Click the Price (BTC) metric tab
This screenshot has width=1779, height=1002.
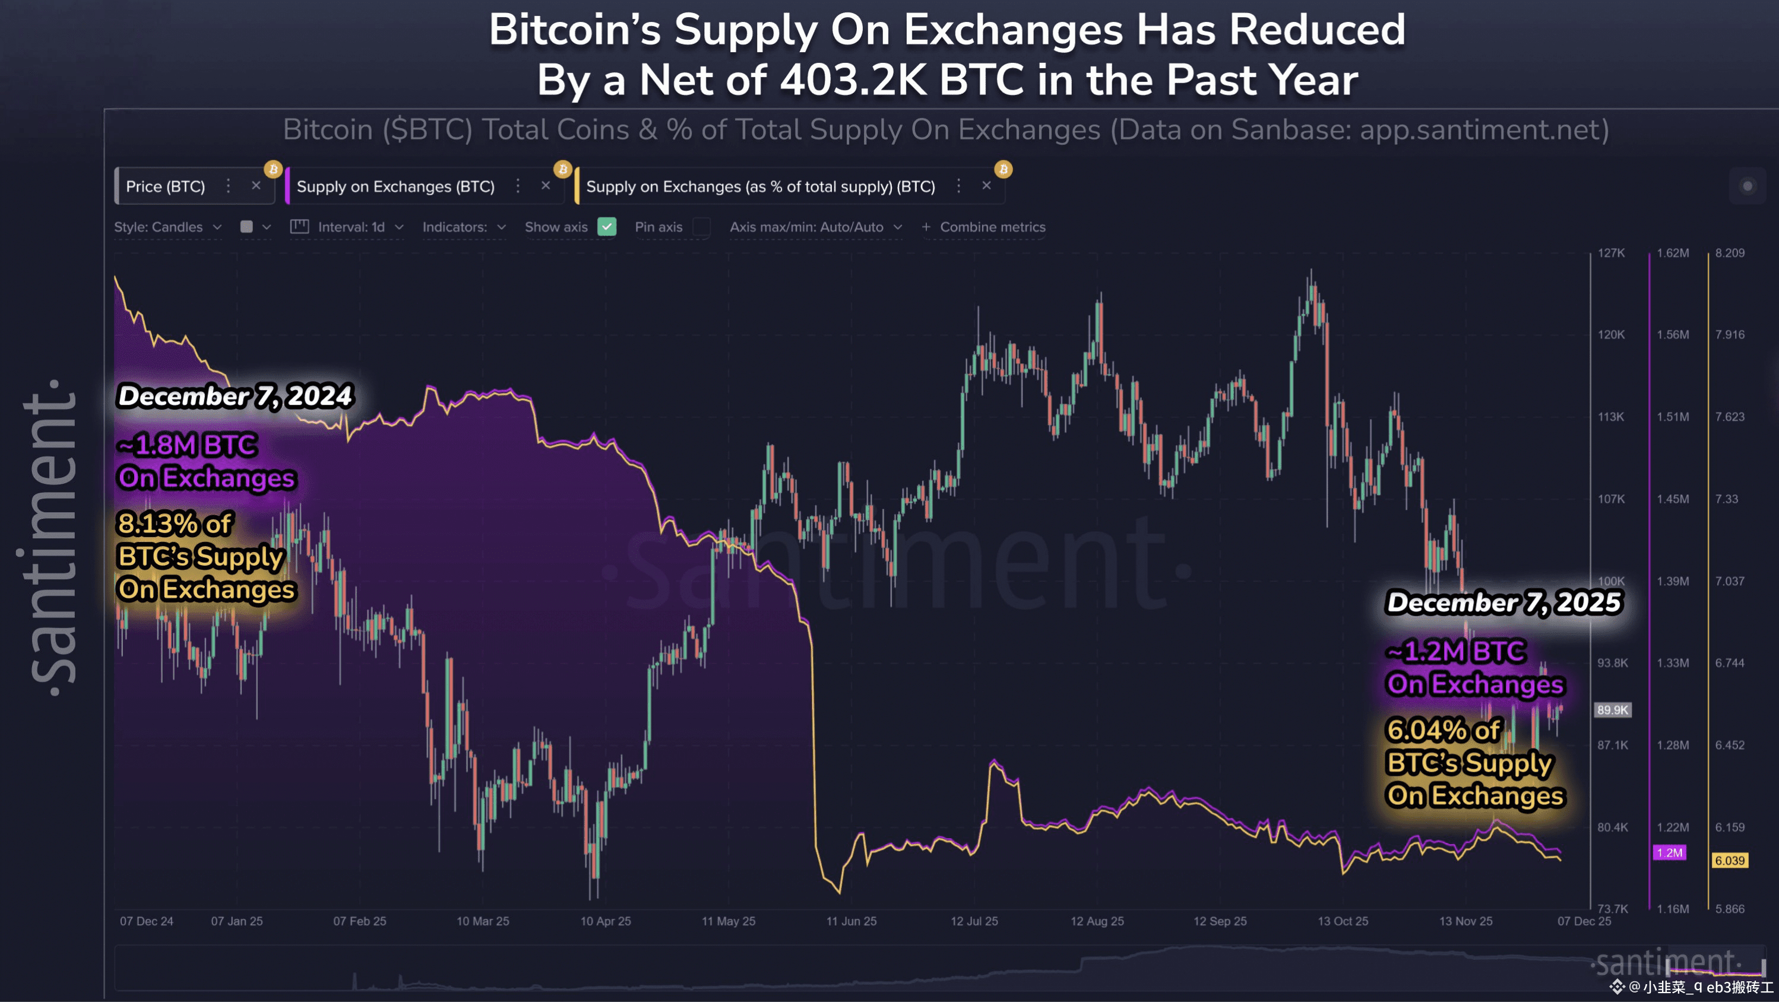pos(166,186)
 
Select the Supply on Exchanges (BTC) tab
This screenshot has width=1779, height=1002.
pos(395,186)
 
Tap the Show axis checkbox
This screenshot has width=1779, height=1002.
pos(607,227)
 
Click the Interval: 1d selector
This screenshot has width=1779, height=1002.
pos(347,227)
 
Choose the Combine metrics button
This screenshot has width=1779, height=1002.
pos(984,227)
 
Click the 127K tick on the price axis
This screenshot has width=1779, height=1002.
pos(1611,253)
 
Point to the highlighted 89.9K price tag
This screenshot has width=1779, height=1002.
pos(1613,710)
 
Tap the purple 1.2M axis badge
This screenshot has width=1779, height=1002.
pos(1670,853)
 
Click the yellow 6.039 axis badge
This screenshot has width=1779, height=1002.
pos(1730,861)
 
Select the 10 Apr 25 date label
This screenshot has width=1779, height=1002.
pos(606,921)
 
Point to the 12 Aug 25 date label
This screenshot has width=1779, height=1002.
pos(1097,921)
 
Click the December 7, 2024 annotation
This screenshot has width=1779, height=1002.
pos(236,397)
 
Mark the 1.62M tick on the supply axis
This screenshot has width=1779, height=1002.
pos(1673,253)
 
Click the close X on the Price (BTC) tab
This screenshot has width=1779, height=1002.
pos(256,186)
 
